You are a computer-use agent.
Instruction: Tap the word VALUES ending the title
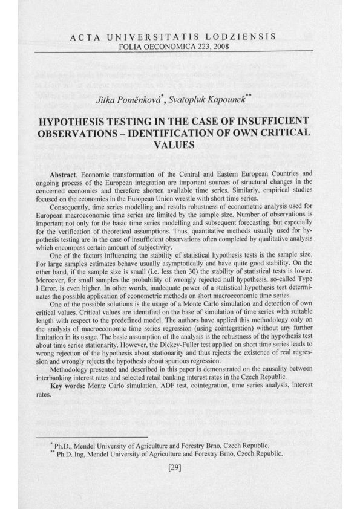(x=180, y=145)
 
